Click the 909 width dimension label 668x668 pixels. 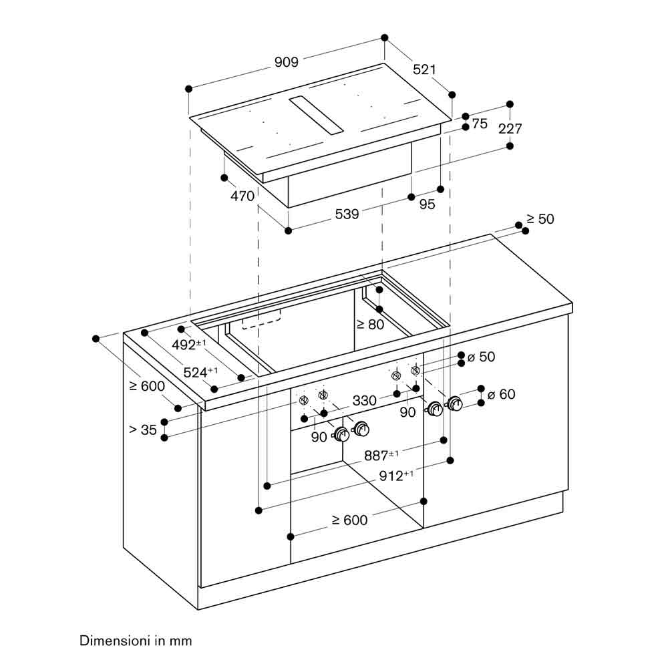coord(287,62)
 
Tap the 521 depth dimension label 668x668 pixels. coord(424,69)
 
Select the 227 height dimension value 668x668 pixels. coord(510,128)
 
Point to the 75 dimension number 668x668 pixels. coord(479,124)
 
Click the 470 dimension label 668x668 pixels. coord(242,196)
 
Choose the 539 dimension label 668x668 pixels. coord(347,214)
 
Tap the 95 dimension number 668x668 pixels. coord(427,204)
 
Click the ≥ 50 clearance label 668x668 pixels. coord(540,219)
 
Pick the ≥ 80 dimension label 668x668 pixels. coord(370,325)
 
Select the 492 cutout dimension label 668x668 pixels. coord(189,344)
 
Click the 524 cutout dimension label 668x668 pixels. coord(200,372)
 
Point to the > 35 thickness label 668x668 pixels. coord(143,430)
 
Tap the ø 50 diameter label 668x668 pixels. coord(482,357)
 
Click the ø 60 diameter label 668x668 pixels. coord(501,395)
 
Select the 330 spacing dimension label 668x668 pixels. coord(365,400)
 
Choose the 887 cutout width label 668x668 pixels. coord(381,456)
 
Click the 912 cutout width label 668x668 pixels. coord(396,476)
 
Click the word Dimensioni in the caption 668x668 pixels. coord(115,641)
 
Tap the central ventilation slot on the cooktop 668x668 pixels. coord(316,116)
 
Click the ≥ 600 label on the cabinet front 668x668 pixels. coord(349,520)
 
